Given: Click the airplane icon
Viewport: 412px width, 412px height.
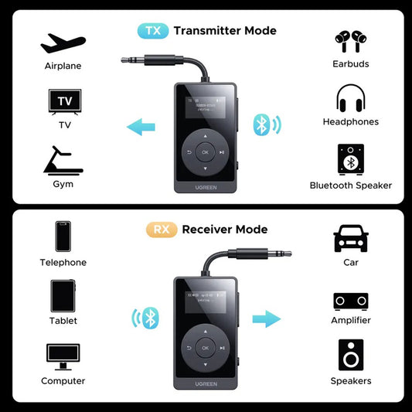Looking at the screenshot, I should click(x=63, y=43).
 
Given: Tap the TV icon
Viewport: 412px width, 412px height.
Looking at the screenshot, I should click(x=64, y=102).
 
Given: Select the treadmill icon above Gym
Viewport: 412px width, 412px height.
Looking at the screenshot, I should click(x=63, y=160).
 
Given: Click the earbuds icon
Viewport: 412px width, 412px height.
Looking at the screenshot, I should click(x=350, y=40).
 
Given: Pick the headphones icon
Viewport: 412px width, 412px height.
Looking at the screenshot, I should click(x=350, y=98).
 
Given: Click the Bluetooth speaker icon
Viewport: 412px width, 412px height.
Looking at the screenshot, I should click(x=350, y=159).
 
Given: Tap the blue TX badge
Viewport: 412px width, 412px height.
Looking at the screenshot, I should click(x=152, y=31).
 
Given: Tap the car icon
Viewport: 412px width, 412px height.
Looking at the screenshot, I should click(x=350, y=239).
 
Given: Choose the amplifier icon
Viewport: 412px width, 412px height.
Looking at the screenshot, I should click(x=350, y=300).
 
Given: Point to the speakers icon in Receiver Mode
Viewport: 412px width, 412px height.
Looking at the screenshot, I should click(x=350, y=355).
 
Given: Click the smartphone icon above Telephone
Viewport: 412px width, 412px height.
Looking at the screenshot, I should click(x=63, y=238).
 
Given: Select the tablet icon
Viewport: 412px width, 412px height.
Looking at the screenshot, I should click(x=63, y=295).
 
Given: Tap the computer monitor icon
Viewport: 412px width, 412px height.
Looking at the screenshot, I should click(x=63, y=356).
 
